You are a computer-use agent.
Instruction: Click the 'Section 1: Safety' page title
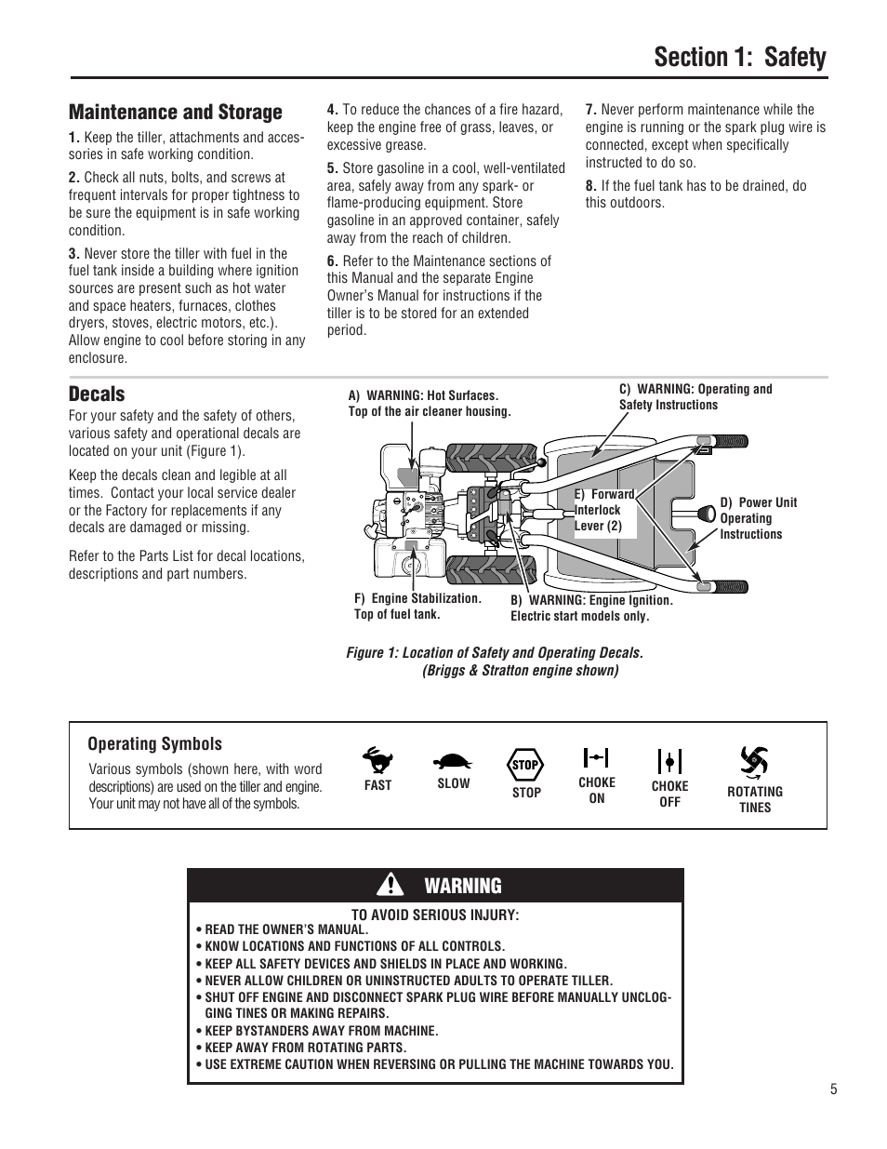pos(739,58)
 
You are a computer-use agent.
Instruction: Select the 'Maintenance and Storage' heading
pos(175,113)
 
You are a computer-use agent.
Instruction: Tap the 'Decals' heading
pos(97,394)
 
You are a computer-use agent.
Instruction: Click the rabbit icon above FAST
pos(377,760)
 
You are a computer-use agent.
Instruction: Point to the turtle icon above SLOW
pos(453,761)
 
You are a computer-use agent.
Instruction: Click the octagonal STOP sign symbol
pos(526,766)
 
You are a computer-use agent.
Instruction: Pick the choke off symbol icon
pos(669,762)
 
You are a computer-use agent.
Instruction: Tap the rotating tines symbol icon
pos(754,763)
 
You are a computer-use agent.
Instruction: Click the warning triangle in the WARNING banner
pos(396,885)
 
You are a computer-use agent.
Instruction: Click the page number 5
pos(834,1089)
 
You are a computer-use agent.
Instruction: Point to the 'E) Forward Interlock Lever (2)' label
pos(604,510)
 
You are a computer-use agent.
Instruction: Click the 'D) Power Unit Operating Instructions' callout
pos(758,518)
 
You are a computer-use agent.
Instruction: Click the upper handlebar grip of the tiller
pos(730,440)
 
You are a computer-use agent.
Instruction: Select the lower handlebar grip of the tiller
pos(730,586)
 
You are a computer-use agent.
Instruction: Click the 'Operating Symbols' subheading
pos(154,743)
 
